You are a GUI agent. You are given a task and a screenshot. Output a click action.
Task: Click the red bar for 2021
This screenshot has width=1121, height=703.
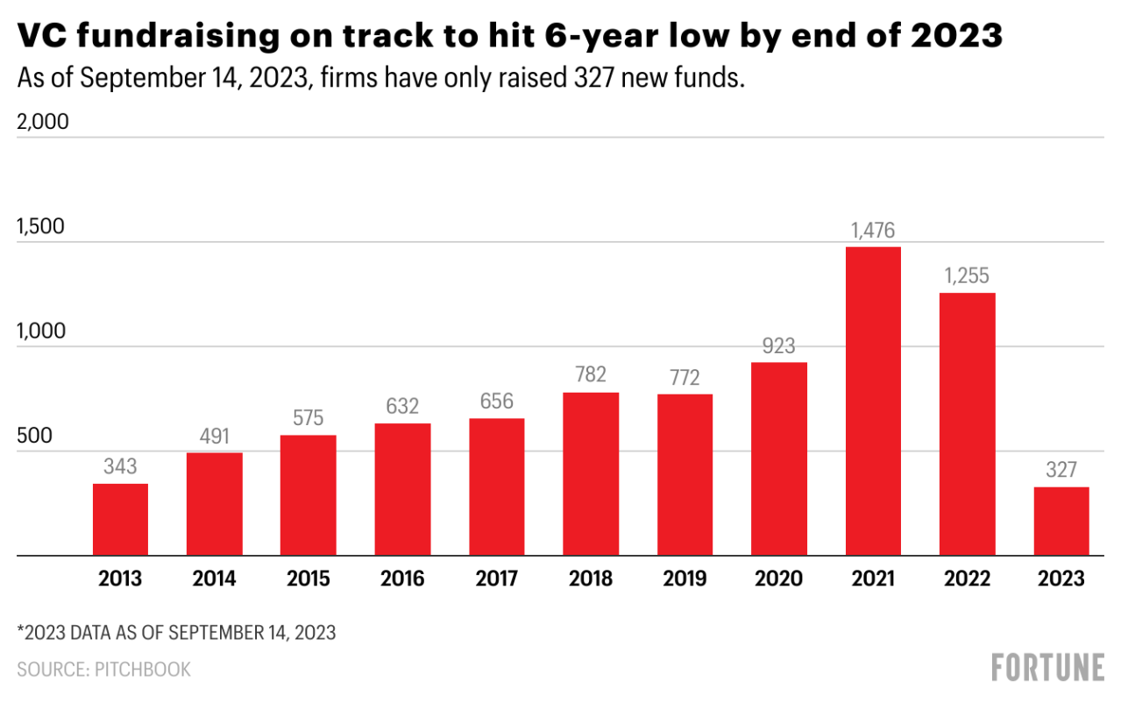(873, 401)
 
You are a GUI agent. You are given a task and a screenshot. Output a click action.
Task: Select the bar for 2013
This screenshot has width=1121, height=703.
(120, 520)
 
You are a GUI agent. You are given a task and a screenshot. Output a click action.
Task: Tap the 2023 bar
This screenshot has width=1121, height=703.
(1061, 522)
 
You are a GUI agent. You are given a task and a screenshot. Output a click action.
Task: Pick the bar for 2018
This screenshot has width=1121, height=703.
(591, 474)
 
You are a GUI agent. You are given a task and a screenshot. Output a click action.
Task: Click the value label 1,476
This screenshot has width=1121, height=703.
(873, 231)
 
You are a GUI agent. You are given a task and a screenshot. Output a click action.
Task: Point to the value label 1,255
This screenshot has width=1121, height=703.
(967, 277)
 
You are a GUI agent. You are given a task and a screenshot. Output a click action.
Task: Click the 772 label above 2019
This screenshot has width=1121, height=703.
(685, 379)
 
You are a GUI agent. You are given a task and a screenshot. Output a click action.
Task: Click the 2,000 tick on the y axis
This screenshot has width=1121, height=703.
(43, 122)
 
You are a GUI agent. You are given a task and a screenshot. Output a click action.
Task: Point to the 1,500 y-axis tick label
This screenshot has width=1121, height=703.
(41, 227)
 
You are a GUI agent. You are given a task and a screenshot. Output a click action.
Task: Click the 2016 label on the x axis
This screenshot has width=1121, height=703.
(402, 579)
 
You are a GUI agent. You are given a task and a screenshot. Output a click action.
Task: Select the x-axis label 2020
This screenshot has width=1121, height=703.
(779, 579)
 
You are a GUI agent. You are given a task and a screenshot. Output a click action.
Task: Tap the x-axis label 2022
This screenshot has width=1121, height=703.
(967, 579)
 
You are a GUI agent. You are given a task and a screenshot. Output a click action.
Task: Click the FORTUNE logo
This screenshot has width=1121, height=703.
(1047, 667)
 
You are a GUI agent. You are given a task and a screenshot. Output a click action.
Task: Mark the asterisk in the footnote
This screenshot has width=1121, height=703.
(20, 631)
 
